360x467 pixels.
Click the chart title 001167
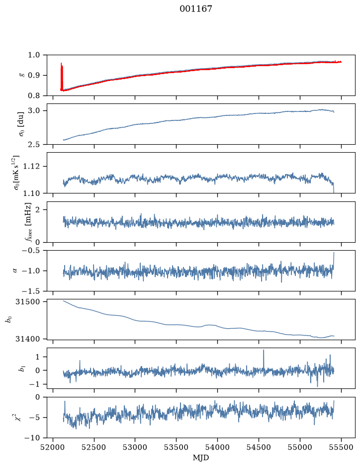[x=195, y=9]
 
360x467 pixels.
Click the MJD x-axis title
[x=201, y=458]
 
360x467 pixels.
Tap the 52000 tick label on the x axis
[x=53, y=447]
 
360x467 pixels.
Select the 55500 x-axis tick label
[x=341, y=447]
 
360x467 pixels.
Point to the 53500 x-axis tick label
[x=177, y=447]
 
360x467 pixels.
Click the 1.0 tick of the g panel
[x=34, y=55]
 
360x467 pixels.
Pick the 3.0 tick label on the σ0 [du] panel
[x=34, y=111]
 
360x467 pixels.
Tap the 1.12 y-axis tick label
[x=31, y=166]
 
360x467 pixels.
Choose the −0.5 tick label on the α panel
[x=31, y=250]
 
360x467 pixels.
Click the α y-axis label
[x=15, y=271]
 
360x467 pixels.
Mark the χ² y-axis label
[x=18, y=417]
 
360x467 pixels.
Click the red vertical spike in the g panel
[x=62, y=77]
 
